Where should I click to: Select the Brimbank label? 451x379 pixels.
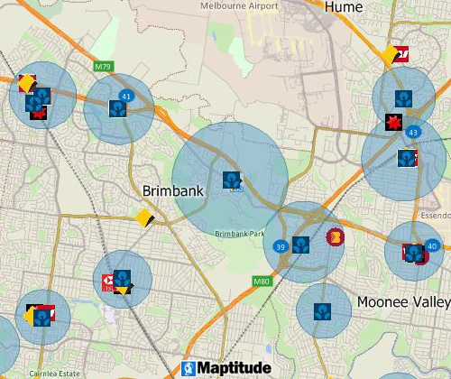coord(175,191)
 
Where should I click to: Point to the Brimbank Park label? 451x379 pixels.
coord(240,234)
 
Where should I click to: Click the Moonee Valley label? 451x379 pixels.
coord(403,301)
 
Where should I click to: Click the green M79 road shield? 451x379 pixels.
coord(102,65)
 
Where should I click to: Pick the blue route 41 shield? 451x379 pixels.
coord(125,96)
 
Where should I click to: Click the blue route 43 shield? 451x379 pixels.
coord(412,133)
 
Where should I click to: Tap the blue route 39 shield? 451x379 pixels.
coord(282,246)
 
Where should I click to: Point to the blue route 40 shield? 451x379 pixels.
coord(433,246)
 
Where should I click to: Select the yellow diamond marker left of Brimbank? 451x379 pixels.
coord(143,217)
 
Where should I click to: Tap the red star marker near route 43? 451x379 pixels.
coord(393,122)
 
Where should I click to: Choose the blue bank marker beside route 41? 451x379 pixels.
coord(117,108)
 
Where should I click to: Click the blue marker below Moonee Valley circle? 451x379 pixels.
coord(322,312)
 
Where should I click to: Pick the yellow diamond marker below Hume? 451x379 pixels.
coord(391,55)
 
